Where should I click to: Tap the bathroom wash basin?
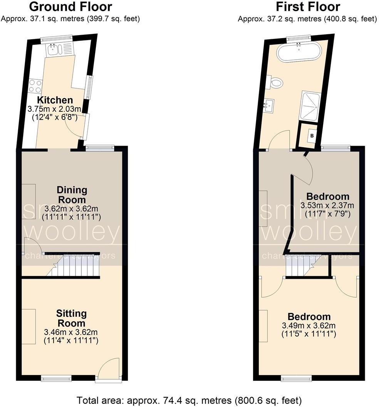tap(269, 104)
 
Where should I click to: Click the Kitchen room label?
tap(55, 100)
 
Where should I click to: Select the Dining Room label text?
tap(72, 195)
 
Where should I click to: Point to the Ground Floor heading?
tap(70, 7)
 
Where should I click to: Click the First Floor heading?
tap(308, 7)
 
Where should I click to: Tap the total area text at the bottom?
tap(189, 400)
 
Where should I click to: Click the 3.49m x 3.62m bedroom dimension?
tap(309, 326)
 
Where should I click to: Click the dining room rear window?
tap(100, 147)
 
